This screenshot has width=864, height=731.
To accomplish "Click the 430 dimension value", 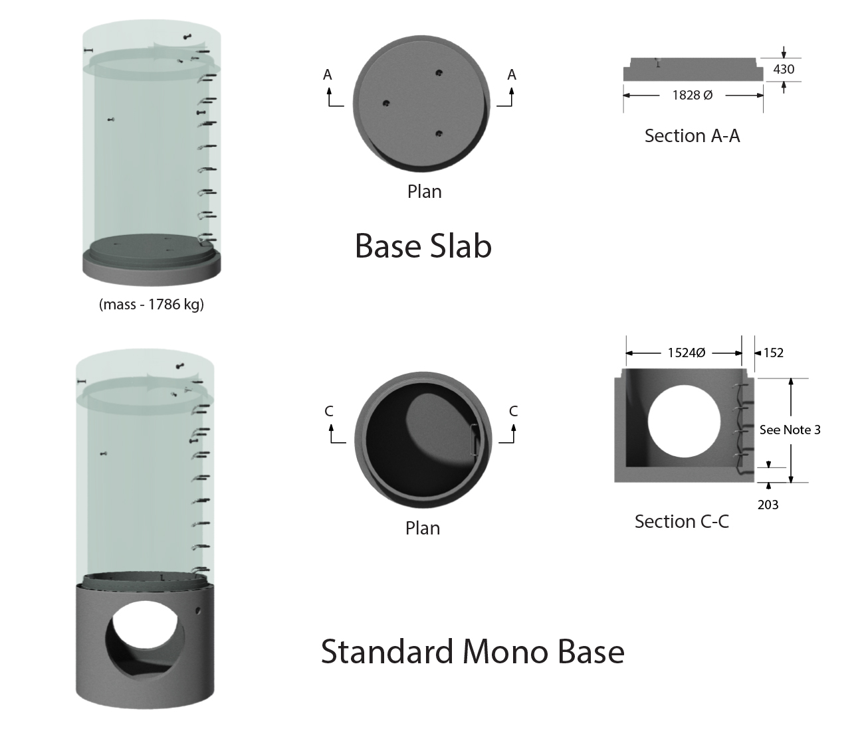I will point(784,69).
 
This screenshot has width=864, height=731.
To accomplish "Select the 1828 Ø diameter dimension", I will point(692,95).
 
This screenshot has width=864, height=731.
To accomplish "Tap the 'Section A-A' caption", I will point(692,136).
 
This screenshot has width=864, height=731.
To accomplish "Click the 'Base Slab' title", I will point(423,246).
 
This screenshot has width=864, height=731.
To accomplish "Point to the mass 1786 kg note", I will point(152,305).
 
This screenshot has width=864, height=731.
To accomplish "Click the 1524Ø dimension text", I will point(686,353).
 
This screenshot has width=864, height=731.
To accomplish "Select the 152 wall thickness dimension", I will point(773,353).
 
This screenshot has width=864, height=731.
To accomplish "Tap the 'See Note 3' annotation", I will point(790,430).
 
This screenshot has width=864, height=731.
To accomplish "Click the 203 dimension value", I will point(768,505).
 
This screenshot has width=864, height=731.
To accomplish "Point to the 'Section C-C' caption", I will point(681,521).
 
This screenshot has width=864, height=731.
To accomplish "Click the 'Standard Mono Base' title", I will point(473,651).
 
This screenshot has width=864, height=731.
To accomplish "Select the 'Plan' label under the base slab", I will point(424,192).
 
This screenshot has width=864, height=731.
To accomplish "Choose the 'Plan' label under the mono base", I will point(423,528).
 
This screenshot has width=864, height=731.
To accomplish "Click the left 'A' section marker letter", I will point(328,75).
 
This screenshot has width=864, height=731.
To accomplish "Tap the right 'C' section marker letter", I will point(513,412).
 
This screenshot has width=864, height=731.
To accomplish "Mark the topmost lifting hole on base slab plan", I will point(439,72).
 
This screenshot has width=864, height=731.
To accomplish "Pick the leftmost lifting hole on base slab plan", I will point(385,103).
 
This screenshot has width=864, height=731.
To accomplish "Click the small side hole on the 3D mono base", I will point(197,609).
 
